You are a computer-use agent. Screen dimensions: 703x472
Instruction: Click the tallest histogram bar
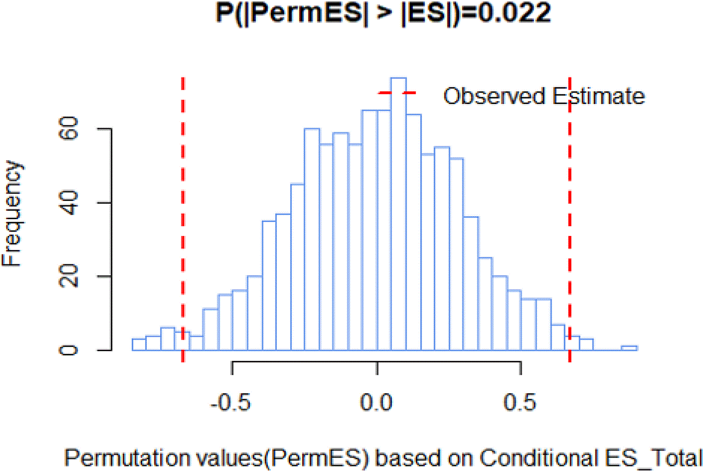tap(398, 214)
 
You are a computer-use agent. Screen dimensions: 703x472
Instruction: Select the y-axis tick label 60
tap(68, 128)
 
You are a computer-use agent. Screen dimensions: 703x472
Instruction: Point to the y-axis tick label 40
tap(68, 203)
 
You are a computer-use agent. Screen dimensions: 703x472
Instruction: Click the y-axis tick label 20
tap(68, 276)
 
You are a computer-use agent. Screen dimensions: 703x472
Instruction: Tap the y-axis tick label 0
tap(68, 350)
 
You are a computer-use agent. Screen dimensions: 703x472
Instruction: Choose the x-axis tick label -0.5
tap(231, 402)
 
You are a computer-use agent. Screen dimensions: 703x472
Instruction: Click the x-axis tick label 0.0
tap(376, 402)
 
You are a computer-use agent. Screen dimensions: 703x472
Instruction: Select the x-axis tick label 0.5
tap(520, 402)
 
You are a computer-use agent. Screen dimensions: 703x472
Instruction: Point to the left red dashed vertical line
tap(183, 220)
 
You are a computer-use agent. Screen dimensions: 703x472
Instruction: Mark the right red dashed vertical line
tap(570, 220)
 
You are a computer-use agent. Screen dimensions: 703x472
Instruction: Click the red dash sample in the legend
tap(397, 93)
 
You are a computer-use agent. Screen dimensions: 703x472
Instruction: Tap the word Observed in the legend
tap(494, 96)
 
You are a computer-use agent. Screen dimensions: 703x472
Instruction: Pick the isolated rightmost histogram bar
tap(629, 348)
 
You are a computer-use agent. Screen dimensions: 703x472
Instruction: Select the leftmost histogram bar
tap(139, 345)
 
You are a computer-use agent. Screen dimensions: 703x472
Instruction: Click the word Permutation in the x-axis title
tap(127, 458)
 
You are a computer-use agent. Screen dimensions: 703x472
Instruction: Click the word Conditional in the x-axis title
tap(539, 458)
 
